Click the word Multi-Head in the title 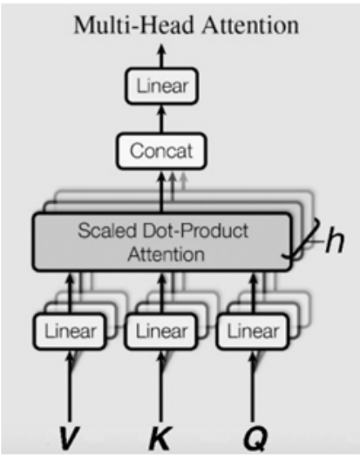point(133,25)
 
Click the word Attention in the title point(251,25)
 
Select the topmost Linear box point(162,85)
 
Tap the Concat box point(161,151)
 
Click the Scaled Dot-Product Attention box point(162,242)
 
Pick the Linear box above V point(70,331)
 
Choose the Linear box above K point(160,331)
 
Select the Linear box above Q point(253,331)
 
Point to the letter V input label point(69,438)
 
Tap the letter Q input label point(255,439)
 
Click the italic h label point(335,240)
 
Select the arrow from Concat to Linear point(162,119)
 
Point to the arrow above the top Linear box point(162,56)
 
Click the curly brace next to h point(302,239)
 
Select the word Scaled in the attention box point(106,231)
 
